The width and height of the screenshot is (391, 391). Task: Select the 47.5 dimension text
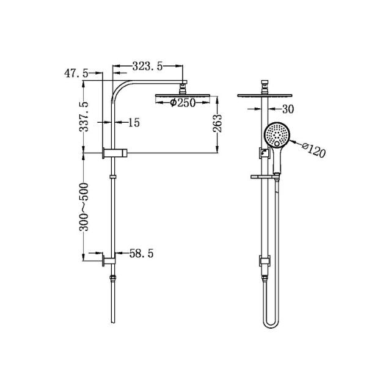pyautogui.click(x=76, y=73)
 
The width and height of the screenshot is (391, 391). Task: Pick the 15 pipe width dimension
pyautogui.click(x=134, y=123)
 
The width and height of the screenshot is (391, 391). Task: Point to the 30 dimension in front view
pyautogui.click(x=290, y=109)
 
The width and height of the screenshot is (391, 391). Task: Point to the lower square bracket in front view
pyautogui.click(x=263, y=261)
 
